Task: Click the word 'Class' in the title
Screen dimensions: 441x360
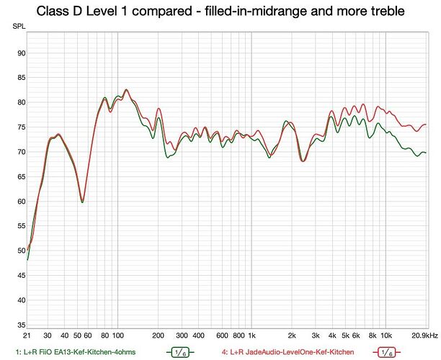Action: click(50, 12)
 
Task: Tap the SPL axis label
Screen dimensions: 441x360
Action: click(19, 27)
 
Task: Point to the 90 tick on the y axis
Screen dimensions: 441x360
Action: click(22, 53)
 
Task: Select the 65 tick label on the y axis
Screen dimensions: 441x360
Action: click(22, 177)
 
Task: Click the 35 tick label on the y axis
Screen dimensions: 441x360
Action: click(22, 325)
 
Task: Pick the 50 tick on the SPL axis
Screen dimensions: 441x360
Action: click(22, 251)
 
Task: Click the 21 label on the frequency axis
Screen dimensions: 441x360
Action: click(27, 336)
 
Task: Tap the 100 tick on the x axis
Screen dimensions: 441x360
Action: click(118, 336)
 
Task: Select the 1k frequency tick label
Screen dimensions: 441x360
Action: click(251, 336)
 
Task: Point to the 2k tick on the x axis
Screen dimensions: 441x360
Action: click(292, 336)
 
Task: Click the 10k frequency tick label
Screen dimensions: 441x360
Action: click(386, 336)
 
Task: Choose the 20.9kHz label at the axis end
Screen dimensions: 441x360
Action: click(424, 336)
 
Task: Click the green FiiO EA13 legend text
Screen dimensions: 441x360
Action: click(76, 352)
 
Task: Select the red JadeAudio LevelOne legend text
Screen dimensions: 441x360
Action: click(288, 352)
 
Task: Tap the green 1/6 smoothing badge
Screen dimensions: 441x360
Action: click(180, 352)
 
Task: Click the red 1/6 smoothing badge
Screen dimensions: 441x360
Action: click(387, 352)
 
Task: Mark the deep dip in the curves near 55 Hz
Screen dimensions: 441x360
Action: click(82, 201)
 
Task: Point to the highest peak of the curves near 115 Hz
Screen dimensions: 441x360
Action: click(126, 90)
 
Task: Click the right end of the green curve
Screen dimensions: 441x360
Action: click(426, 153)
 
